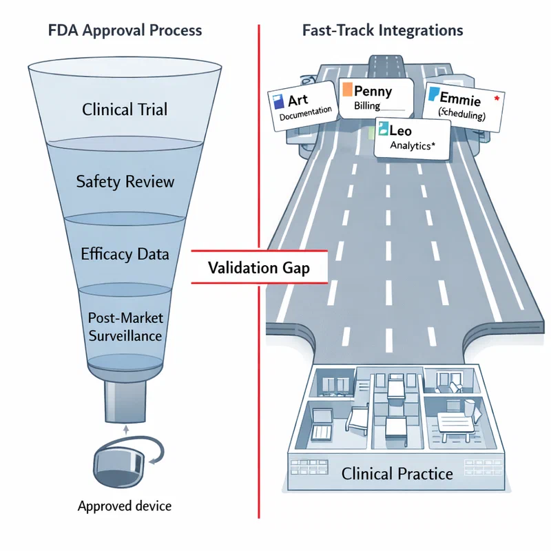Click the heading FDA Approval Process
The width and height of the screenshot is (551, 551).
click(x=125, y=30)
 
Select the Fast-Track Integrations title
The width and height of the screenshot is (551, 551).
click(x=382, y=30)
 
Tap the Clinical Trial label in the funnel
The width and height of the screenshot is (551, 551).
click(x=125, y=110)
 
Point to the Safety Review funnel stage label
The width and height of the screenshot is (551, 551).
click(x=125, y=182)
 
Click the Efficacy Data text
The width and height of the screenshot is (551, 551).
click(x=125, y=254)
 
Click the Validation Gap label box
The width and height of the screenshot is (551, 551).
click(x=258, y=269)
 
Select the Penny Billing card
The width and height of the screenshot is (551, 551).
click(x=375, y=96)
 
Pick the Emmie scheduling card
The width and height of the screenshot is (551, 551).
click(x=461, y=103)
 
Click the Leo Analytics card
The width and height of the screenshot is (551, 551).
click(x=411, y=136)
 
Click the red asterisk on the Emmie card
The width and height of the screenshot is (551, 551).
click(x=497, y=99)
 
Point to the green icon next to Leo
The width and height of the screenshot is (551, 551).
click(x=382, y=128)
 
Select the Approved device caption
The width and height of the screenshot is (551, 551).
click(x=125, y=506)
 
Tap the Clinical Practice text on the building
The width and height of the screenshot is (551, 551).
click(x=397, y=474)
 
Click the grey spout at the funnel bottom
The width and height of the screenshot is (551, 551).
click(x=125, y=403)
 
